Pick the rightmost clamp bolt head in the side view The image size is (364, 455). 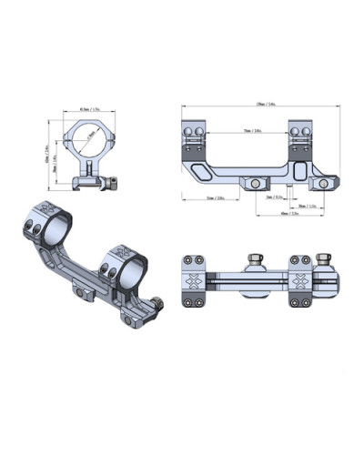(321, 184)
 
